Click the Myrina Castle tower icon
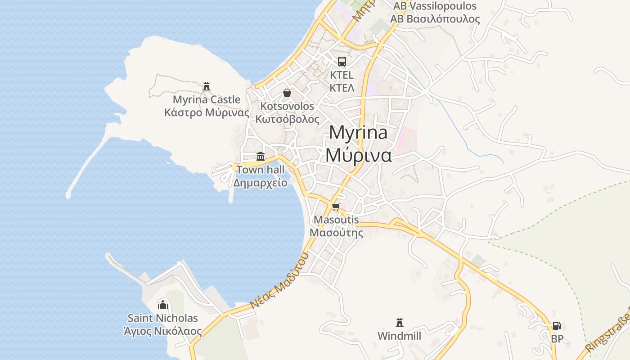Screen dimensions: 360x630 207,86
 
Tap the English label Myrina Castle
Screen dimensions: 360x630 207,99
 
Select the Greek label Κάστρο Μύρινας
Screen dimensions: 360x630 207,112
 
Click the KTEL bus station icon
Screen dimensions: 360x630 342,62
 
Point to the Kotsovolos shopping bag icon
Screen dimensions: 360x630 287,93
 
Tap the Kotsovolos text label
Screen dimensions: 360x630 287,107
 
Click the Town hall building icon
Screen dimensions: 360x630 261,157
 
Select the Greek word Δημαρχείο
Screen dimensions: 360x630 260,183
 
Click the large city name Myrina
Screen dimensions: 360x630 358,133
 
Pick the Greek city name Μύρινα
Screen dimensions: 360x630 358,155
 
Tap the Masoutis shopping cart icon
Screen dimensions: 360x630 336,207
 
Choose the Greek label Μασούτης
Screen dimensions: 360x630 337,233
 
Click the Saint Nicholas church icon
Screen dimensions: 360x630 162,305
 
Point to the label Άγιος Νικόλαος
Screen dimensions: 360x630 162,332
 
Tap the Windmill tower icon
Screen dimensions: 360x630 399,322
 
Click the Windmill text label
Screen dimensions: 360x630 399,336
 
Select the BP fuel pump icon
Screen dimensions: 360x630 557,326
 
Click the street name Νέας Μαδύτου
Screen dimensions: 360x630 279,280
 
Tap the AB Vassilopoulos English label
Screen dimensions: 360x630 435,6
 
